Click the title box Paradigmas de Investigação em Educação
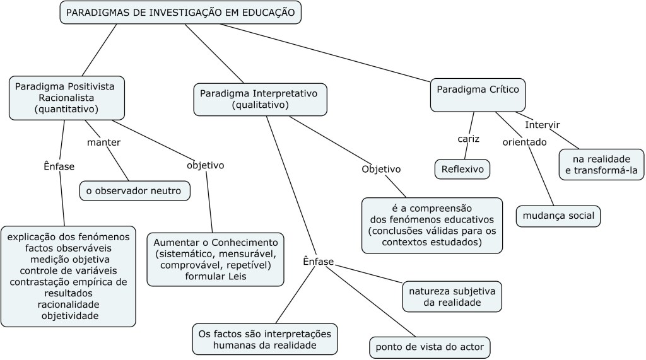(x=180, y=13)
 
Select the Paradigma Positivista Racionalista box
(x=66, y=98)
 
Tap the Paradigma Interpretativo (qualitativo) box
(x=260, y=100)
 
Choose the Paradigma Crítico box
(x=478, y=95)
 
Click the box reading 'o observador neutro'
(x=134, y=190)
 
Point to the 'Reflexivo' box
(x=462, y=169)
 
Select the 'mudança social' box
(x=558, y=216)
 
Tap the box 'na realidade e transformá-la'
(x=601, y=164)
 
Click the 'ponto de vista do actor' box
(x=430, y=347)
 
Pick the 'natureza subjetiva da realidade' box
(x=452, y=296)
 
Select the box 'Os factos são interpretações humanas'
(x=264, y=339)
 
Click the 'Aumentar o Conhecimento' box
(x=215, y=259)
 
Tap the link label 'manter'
(x=103, y=142)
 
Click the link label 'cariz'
(x=469, y=138)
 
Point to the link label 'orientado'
(x=524, y=142)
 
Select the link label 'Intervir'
(x=542, y=124)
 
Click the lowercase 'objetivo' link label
(x=205, y=165)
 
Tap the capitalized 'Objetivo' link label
(x=381, y=169)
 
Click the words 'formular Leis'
(x=214, y=276)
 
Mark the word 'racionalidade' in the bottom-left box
(x=68, y=305)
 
